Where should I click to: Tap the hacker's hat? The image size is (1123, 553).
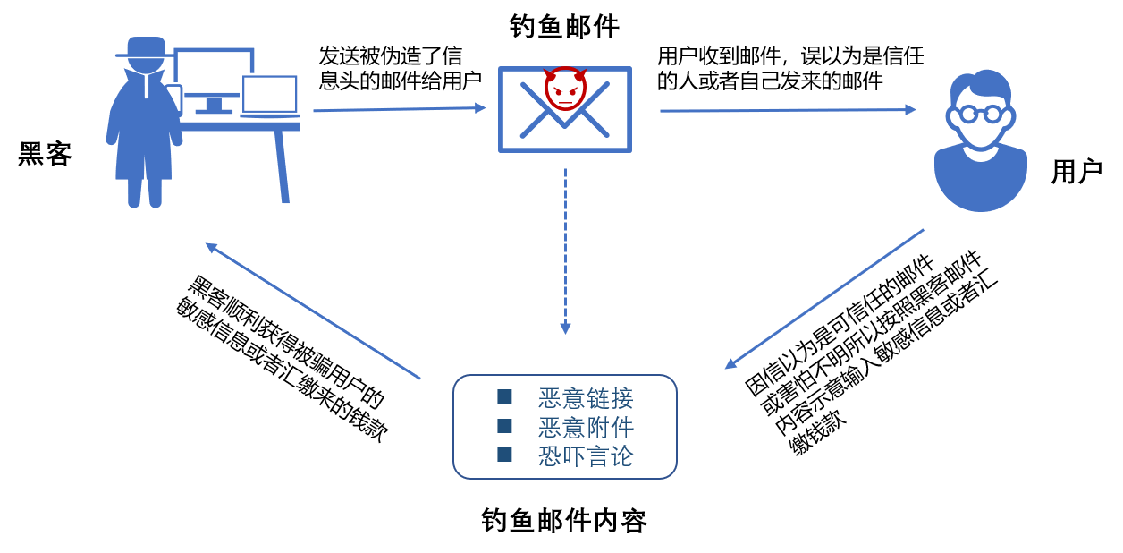coord(146,47)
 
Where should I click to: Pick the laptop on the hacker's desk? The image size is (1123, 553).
coord(269,95)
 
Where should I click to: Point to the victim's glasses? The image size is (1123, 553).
coord(980,115)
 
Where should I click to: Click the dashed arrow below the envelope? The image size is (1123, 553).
coord(565,251)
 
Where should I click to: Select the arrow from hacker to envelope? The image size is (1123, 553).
coord(398,109)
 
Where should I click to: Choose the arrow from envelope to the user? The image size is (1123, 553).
coord(787,110)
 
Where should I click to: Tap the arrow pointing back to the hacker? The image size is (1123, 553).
coord(313,311)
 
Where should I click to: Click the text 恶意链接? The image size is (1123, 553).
coord(586,398)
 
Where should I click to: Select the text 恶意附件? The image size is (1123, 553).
coord(586,427)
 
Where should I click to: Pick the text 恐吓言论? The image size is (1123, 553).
coord(586,456)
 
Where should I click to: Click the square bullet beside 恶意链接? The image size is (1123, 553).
coord(504,396)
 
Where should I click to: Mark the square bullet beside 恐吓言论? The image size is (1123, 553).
coord(504,455)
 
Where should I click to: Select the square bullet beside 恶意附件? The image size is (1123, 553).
coord(504,426)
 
